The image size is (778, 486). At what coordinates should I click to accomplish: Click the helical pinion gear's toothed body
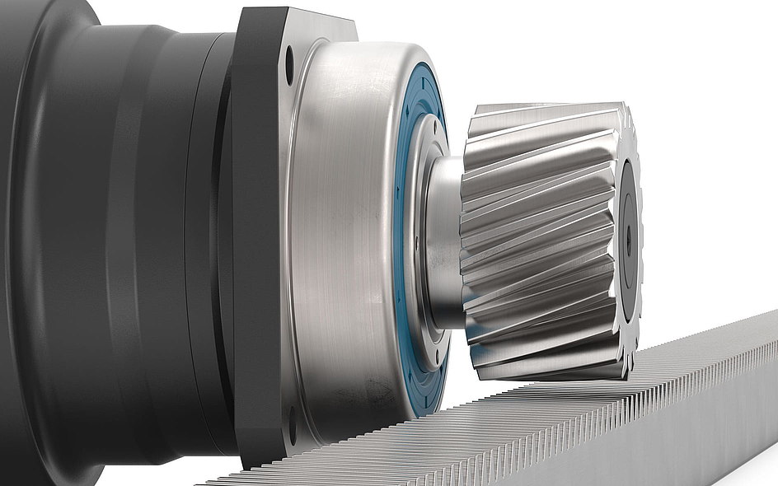coord(536,239)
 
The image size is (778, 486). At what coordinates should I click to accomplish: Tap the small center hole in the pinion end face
coord(629,239)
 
